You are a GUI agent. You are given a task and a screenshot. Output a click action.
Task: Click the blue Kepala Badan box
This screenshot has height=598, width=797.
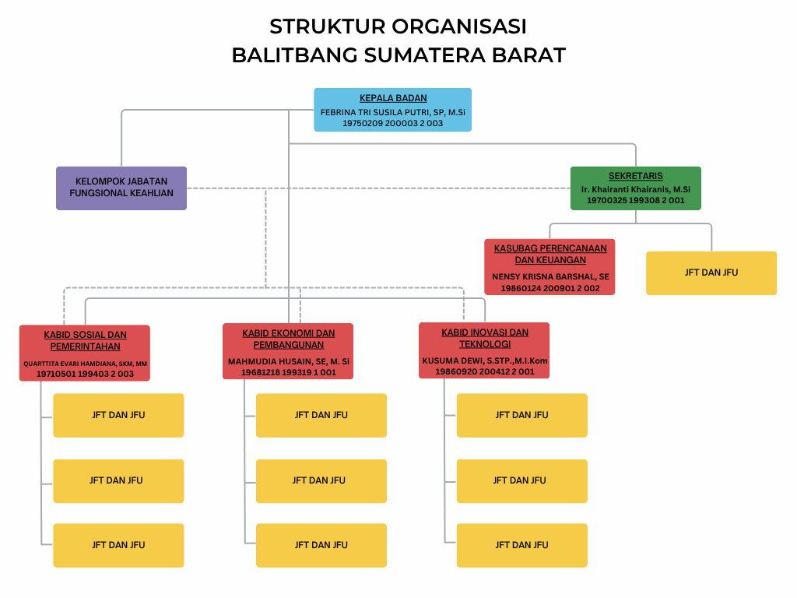[392, 109]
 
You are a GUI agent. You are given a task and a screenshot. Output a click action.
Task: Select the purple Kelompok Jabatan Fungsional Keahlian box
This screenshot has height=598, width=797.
[121, 188]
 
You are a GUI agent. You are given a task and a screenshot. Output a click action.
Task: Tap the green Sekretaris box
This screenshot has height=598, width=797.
[635, 188]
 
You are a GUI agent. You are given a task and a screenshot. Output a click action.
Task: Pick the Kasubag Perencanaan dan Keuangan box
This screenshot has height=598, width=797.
[549, 267]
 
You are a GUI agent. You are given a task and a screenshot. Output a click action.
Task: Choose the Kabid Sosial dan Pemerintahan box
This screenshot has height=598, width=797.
[85, 353]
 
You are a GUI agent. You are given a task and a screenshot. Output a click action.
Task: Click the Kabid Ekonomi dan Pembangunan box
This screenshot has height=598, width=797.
[288, 351]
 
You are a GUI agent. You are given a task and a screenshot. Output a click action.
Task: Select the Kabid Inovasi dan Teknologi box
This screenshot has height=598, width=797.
[484, 350]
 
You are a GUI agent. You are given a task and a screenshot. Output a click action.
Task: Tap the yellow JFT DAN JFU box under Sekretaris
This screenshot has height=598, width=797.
[711, 273]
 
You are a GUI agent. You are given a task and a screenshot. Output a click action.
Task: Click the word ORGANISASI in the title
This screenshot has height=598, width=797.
[459, 26]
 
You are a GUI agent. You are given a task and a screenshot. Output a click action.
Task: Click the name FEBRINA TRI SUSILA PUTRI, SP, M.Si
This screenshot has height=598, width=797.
[392, 112]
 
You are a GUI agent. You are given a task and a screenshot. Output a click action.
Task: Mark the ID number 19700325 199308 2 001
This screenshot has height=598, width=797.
[635, 200]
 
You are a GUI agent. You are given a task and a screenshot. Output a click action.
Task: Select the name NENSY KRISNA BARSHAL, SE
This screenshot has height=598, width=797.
[550, 276]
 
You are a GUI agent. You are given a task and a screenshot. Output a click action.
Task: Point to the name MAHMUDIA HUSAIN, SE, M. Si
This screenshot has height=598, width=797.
[289, 361]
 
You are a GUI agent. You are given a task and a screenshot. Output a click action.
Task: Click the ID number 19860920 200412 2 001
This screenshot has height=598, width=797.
[484, 371]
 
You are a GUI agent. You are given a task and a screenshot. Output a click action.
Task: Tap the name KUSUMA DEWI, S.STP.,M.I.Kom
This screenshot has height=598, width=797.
[484, 361]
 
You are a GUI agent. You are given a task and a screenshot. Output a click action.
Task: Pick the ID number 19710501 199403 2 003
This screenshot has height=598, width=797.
[85, 374]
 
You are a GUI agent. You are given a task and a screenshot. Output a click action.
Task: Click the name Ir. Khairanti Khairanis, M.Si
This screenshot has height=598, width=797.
[635, 189]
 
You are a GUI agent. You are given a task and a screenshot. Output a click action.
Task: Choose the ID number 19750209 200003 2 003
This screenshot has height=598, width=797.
[392, 123]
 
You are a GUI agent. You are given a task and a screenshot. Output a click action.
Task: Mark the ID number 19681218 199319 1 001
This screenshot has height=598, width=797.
[288, 372]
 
